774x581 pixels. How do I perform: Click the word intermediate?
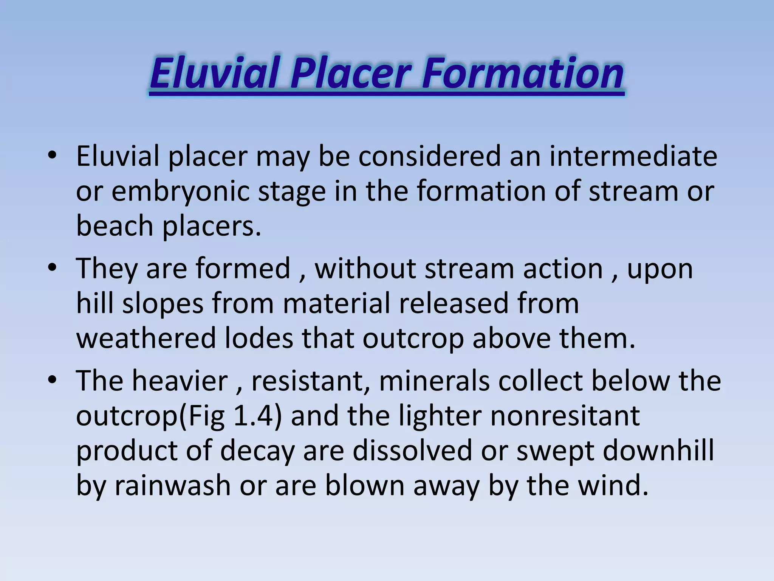point(633,156)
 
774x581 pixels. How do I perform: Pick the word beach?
point(114,226)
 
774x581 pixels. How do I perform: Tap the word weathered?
point(146,338)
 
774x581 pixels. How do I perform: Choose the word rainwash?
point(172,486)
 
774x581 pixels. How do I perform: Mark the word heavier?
point(180,381)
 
